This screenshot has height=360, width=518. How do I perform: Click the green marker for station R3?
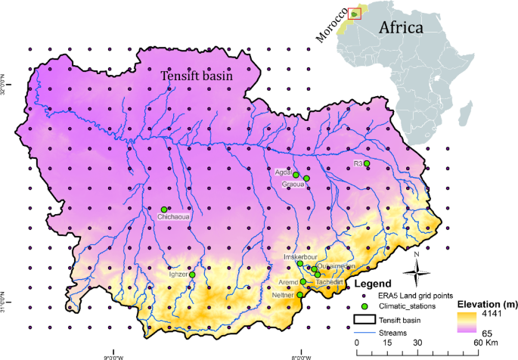pyautogui.click(x=367, y=163)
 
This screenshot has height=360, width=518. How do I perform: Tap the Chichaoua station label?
pyautogui.click(x=175, y=218)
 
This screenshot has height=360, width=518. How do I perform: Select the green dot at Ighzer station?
pyautogui.click(x=192, y=275)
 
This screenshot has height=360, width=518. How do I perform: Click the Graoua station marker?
pyautogui.click(x=306, y=178)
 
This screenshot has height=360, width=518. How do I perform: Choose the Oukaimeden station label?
pyautogui.click(x=336, y=266)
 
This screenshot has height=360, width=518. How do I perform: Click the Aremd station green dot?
pyautogui.click(x=303, y=281)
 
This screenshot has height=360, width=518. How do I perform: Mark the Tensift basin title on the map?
pyautogui.click(x=196, y=76)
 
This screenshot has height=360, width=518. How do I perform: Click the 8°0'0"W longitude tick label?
pyautogui.click(x=301, y=355)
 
